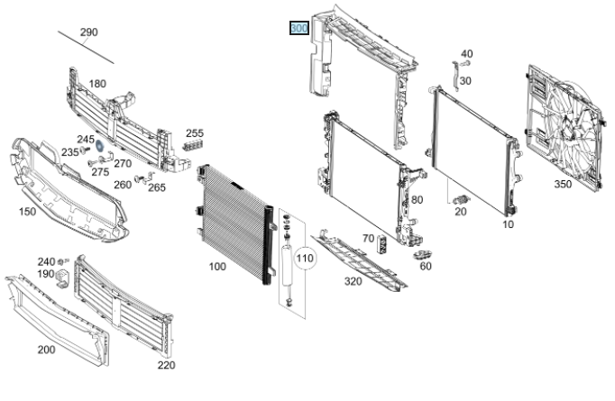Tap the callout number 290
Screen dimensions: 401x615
click(88, 32)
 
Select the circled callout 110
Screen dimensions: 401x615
click(305, 259)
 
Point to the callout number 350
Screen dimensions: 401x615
click(563, 184)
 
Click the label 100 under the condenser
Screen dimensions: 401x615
click(216, 266)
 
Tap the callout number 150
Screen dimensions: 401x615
click(27, 212)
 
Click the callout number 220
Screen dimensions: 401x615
click(166, 365)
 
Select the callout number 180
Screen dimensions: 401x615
click(97, 84)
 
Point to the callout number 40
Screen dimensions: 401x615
click(466, 54)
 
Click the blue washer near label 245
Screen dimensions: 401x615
click(101, 147)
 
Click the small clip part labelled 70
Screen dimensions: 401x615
click(382, 242)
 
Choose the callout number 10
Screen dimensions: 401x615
click(508, 223)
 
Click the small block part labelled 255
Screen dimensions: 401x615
click(191, 145)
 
